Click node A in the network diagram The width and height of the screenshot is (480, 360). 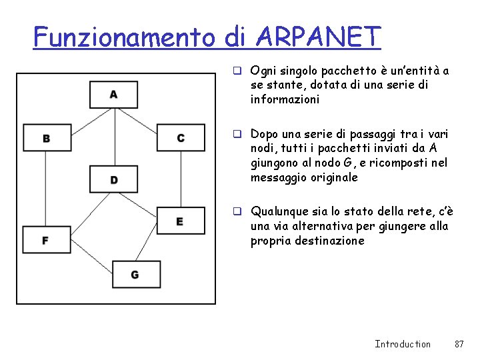(113, 94)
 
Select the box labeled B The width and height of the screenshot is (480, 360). (46, 138)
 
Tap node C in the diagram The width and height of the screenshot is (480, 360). (180, 138)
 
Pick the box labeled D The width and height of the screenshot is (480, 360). (113, 179)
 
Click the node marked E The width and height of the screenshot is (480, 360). (180, 221)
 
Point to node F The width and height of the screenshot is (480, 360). (46, 239)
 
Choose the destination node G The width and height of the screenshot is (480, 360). (135, 274)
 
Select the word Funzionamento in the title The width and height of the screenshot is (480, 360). (125, 37)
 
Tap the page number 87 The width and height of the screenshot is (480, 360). (459, 344)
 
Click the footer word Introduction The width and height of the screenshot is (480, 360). (402, 344)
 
